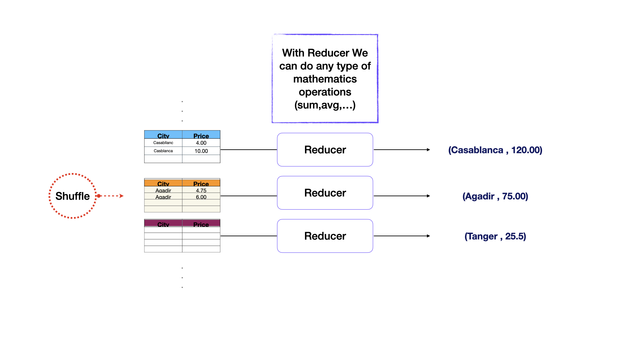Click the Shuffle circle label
pos(72,196)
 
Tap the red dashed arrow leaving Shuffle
pos(112,196)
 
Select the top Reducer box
pos(325,150)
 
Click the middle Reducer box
pos(325,193)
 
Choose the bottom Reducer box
pos(325,236)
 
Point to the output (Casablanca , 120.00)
pos(495,150)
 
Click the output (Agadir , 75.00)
pos(495,196)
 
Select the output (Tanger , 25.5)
pos(495,236)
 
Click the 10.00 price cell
pos(201,151)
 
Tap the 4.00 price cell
pos(201,143)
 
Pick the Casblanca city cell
pos(163,151)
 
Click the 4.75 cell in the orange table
pos(201,191)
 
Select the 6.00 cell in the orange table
pos(201,197)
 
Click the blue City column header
pos(163,135)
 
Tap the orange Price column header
pos(201,183)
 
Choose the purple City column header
pos(163,223)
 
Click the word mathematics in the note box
pos(325,79)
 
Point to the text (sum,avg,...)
pos(325,105)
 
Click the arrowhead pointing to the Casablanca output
pos(428,150)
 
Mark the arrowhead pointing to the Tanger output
pos(428,236)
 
